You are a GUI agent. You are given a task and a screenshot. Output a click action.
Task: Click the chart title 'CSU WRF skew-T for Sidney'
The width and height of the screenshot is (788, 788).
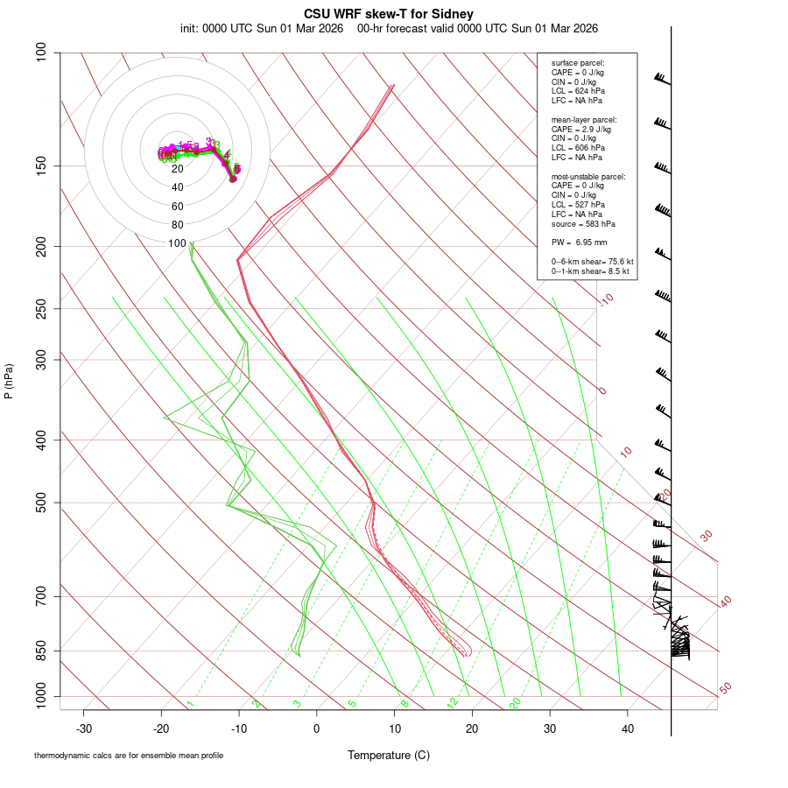(390, 15)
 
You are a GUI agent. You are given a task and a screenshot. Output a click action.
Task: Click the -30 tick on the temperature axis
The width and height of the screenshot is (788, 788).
(84, 728)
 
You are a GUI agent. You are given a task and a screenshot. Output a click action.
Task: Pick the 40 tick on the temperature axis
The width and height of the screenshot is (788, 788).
(627, 728)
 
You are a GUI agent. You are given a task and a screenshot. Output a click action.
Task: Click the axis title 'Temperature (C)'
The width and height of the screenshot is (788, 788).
(389, 755)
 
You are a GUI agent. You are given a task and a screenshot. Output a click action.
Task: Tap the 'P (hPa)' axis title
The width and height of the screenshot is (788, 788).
(9, 381)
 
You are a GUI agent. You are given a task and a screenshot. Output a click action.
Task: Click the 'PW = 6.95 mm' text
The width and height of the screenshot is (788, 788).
(580, 242)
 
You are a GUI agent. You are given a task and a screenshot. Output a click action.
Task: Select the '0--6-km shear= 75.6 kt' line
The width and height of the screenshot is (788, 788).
(592, 261)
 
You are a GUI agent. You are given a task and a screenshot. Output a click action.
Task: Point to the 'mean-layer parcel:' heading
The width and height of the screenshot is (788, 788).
(584, 120)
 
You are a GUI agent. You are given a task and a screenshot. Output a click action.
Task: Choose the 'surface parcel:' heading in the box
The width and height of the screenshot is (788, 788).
(578, 63)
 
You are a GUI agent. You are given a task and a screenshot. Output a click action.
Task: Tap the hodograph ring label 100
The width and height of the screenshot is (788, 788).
(178, 243)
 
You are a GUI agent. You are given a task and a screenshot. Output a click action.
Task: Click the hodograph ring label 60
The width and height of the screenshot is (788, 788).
(178, 207)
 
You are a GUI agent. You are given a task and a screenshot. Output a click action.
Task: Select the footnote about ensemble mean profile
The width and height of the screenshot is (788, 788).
(129, 756)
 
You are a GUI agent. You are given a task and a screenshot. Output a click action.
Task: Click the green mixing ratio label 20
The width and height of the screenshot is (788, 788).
(516, 703)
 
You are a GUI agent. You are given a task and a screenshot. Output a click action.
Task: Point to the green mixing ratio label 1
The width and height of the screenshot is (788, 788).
(190, 704)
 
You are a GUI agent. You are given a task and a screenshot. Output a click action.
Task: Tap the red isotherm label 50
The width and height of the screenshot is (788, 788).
(725, 689)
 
